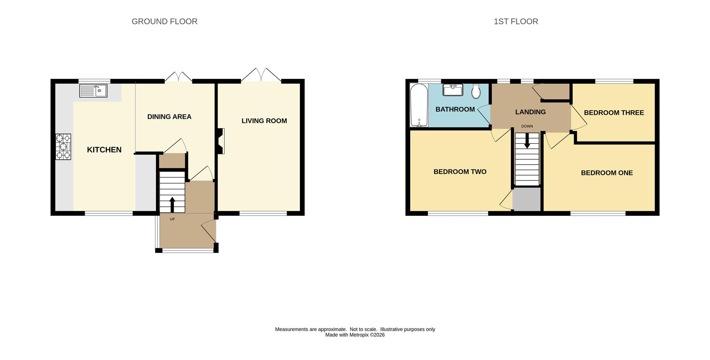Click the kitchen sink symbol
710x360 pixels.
tap(93, 91)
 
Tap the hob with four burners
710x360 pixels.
tap(63, 147)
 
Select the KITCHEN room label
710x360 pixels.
tap(104, 150)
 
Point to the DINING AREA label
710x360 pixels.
tap(169, 117)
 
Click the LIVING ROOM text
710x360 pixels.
tap(264, 121)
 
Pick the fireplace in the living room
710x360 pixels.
tap(221, 141)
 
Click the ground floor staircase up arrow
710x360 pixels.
tap(172, 205)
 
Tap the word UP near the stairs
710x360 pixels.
tap(172, 219)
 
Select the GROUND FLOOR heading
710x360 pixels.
tap(165, 21)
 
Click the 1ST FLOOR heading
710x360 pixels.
tap(516, 21)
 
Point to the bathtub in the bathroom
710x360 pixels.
tap(419, 105)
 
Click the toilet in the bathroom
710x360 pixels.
tap(476, 91)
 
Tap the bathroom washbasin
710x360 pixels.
tap(453, 90)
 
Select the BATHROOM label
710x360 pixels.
tap(455, 110)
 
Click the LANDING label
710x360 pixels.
tap(530, 112)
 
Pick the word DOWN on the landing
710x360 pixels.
tap(527, 127)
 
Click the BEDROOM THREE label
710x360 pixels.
tap(614, 113)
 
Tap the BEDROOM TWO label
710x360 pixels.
tap(460, 172)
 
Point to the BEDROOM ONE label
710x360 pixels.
tap(607, 173)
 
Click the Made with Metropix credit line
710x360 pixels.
tap(355, 335)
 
